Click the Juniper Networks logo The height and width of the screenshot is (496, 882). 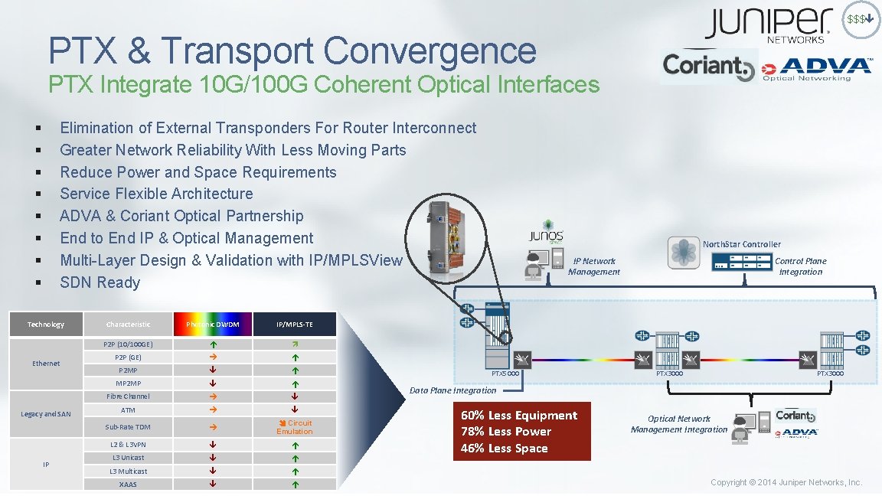point(768,25)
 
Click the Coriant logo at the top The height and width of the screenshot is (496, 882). point(708,67)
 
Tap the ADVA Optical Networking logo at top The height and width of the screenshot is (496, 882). point(816,69)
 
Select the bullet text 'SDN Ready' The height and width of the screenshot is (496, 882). point(100,282)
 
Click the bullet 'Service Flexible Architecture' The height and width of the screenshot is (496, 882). point(156,194)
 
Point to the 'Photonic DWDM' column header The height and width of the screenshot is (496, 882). point(213,325)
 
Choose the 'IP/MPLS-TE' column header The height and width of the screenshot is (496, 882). point(295,325)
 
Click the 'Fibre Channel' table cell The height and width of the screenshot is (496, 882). point(128,396)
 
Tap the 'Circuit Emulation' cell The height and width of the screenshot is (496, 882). point(295,427)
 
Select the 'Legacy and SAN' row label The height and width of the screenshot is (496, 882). point(46,414)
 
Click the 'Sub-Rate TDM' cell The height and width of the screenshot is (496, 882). point(128,427)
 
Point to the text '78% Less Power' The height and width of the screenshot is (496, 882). point(505,432)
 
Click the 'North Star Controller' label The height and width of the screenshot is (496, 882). point(742,244)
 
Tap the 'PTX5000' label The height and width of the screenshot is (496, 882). point(505,374)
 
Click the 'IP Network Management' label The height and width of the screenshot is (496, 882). point(594,266)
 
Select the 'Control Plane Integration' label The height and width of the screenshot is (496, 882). point(801,266)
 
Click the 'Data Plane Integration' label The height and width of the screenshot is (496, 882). point(452,390)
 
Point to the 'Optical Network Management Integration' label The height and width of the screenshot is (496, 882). point(679,424)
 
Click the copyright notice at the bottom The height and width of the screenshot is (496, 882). point(786,482)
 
